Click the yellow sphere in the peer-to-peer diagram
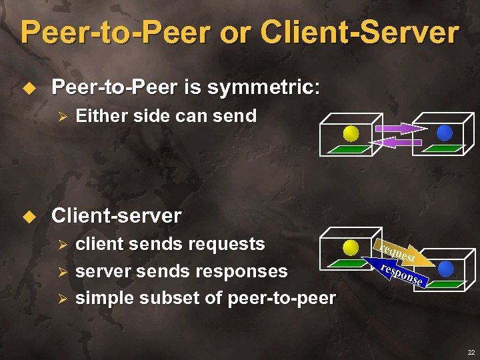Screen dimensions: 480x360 (351, 133)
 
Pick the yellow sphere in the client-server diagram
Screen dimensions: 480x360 (351, 248)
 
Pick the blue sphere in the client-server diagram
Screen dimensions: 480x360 (445, 269)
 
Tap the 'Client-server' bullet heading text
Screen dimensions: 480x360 (116, 215)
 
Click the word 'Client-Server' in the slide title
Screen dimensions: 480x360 (359, 32)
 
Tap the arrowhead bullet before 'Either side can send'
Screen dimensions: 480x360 (61, 117)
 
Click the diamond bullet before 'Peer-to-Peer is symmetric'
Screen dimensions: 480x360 (28, 87)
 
